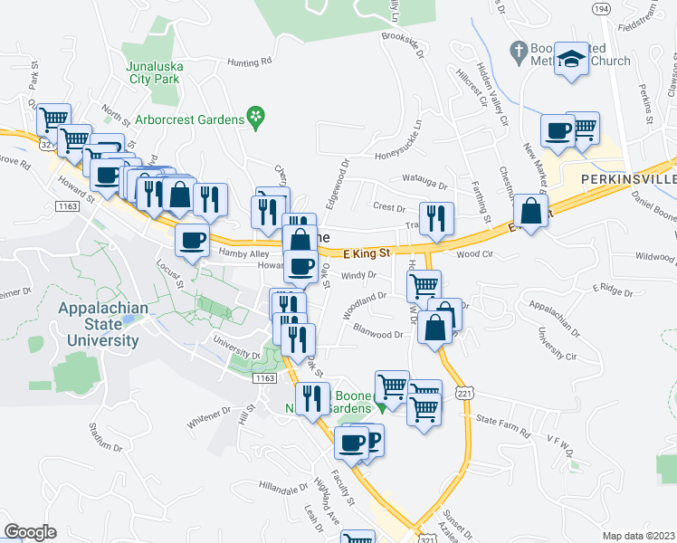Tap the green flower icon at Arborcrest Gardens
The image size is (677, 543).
(x=257, y=117)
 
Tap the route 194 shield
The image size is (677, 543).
(x=599, y=7)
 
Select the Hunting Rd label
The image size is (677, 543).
(x=249, y=62)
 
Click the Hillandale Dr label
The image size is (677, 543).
(x=283, y=487)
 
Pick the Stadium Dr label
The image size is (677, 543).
(x=106, y=434)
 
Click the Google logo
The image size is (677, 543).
(x=30, y=532)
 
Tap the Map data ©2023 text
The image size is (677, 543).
(x=638, y=536)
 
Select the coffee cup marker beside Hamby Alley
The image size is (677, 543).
(x=191, y=240)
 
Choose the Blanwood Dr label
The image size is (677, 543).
(x=378, y=334)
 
